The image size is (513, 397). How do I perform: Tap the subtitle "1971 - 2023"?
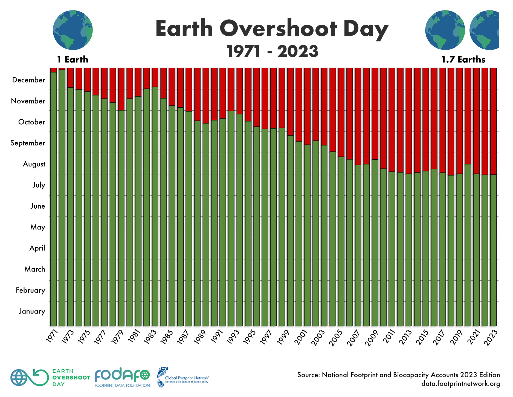273,51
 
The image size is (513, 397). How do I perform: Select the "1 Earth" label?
73,59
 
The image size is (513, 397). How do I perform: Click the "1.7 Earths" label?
463,59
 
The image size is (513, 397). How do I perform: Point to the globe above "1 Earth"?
73,30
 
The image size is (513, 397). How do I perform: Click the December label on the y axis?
28,80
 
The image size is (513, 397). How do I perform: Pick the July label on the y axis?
39,185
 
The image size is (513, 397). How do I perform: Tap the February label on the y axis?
30,290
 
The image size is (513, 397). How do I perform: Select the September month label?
28,143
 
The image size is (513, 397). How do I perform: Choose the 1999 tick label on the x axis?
283,337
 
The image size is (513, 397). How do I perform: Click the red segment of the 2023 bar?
493,120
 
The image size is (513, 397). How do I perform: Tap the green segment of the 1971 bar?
54,197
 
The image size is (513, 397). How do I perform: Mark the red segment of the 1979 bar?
121,89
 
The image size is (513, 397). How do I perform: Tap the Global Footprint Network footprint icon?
162,377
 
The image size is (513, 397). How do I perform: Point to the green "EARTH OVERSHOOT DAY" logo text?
71,377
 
